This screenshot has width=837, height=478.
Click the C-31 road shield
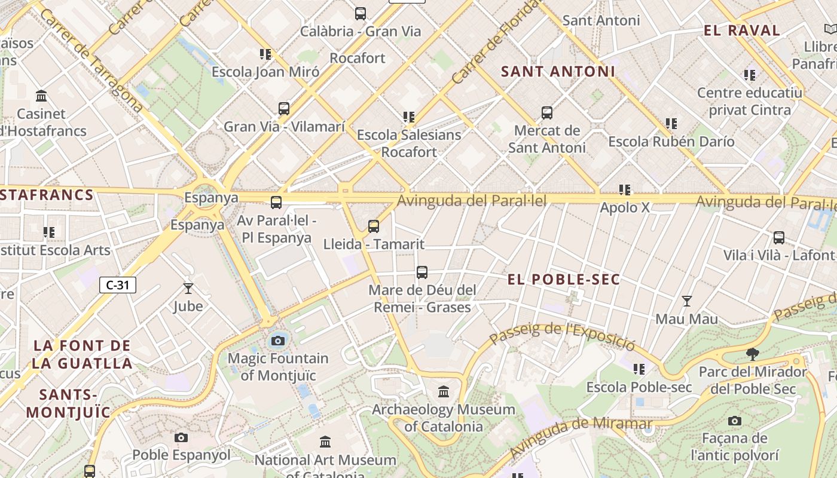pyautogui.click(x=118, y=285)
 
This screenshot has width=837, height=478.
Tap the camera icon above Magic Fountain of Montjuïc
pyautogui.click(x=277, y=341)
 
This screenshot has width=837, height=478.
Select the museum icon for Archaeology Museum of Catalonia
pyautogui.click(x=444, y=392)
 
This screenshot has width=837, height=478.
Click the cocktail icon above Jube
pyautogui.click(x=188, y=289)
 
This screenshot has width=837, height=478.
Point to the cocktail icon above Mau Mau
pyautogui.click(x=687, y=301)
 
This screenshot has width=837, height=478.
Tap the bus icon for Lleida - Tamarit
pyautogui.click(x=374, y=226)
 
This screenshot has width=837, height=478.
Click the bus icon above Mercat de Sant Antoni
pyautogui.click(x=546, y=113)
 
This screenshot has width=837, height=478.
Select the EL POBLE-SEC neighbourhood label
pyautogui.click(x=564, y=280)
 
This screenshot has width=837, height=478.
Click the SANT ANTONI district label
pyautogui.click(x=558, y=72)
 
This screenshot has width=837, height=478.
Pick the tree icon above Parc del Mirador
pyautogui.click(x=753, y=354)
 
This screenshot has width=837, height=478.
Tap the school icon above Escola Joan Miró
pyautogui.click(x=265, y=54)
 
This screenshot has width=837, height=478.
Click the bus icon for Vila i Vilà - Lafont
pyautogui.click(x=778, y=238)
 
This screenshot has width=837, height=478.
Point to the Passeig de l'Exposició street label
pyautogui.click(x=562, y=335)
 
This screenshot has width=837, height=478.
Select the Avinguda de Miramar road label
pyautogui.click(x=581, y=435)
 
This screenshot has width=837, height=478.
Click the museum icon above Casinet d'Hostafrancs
pyautogui.click(x=42, y=96)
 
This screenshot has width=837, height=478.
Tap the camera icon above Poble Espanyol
pyautogui.click(x=181, y=438)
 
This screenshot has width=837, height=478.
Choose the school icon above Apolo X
pyautogui.click(x=625, y=190)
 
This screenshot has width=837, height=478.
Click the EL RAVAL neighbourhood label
pyautogui.click(x=742, y=30)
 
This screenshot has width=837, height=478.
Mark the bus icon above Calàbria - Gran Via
pyautogui.click(x=361, y=14)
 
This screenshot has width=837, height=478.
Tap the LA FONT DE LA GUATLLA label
pyautogui.click(x=83, y=354)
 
